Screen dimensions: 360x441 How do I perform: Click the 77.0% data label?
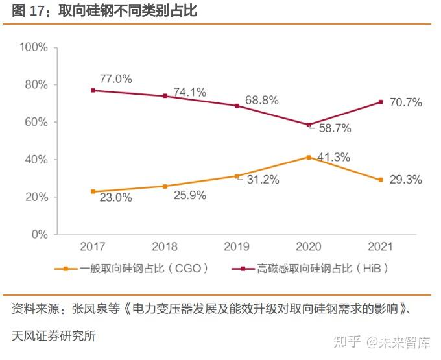[x=115, y=79]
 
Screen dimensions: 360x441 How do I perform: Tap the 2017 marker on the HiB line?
[x=93, y=90]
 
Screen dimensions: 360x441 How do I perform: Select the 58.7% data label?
[x=335, y=128]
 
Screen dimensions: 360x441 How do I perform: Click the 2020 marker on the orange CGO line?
[x=309, y=157]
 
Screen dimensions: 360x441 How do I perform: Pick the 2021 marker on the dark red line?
[x=381, y=102]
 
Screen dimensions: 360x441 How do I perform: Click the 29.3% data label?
[x=406, y=180]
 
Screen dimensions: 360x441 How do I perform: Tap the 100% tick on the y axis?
[x=34, y=47]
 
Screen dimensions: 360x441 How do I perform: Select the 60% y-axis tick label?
[x=37, y=122]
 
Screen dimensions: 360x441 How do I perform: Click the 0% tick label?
[x=40, y=234]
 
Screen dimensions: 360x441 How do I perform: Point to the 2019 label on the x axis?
[x=237, y=247]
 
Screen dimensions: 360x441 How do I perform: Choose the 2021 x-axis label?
[x=381, y=247]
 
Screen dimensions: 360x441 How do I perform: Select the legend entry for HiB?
[x=310, y=268]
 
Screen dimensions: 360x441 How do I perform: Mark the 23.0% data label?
[x=115, y=198]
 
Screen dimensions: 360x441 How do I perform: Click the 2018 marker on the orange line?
[x=165, y=186]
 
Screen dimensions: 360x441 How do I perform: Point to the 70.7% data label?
[x=406, y=102]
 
